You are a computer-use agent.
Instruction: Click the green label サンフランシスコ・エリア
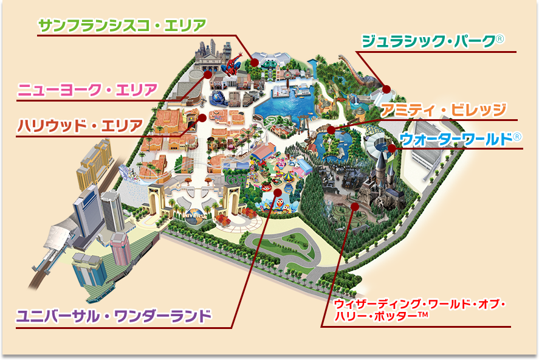[x=122, y=25]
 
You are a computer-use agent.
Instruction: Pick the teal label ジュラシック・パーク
[x=428, y=41]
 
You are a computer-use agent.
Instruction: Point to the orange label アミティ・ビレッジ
[x=443, y=110]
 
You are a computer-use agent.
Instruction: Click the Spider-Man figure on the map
[x=232, y=65]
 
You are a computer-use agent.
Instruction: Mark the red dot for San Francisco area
[x=255, y=61]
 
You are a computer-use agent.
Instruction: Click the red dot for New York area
[x=208, y=74]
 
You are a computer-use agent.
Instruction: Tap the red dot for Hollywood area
[x=202, y=117]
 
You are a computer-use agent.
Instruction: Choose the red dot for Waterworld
[x=392, y=148]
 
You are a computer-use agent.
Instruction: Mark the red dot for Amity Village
[x=331, y=130]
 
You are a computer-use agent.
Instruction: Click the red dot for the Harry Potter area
[x=355, y=206]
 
